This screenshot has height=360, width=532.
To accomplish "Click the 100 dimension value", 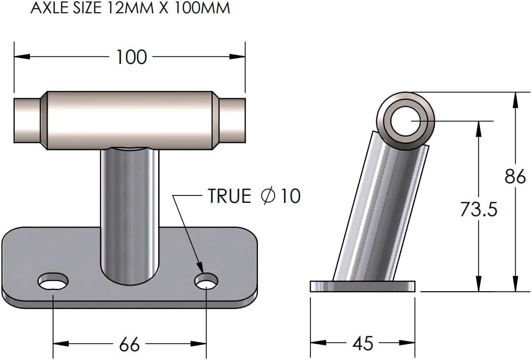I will coord(131,57).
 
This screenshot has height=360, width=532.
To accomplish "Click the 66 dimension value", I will coord(130,344).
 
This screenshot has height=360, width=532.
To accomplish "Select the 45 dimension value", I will coord(363,343).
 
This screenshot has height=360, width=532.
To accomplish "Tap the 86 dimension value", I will coord(515,176).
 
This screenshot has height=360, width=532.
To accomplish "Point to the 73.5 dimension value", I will coord(478,209).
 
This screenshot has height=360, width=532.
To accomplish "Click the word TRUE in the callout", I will coord(229,196).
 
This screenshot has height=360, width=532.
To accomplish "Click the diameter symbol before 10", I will coord(269,196).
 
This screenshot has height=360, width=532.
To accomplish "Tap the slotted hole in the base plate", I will coord(54,282).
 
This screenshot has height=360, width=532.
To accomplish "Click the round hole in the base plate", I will coord(206,282).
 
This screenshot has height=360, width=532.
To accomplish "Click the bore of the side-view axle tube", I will coord(405,121).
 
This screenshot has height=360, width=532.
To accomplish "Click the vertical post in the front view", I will coord(130,211).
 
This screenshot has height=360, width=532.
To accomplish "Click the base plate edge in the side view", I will coord(362,286).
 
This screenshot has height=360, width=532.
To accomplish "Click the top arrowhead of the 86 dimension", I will coord(515,98).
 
